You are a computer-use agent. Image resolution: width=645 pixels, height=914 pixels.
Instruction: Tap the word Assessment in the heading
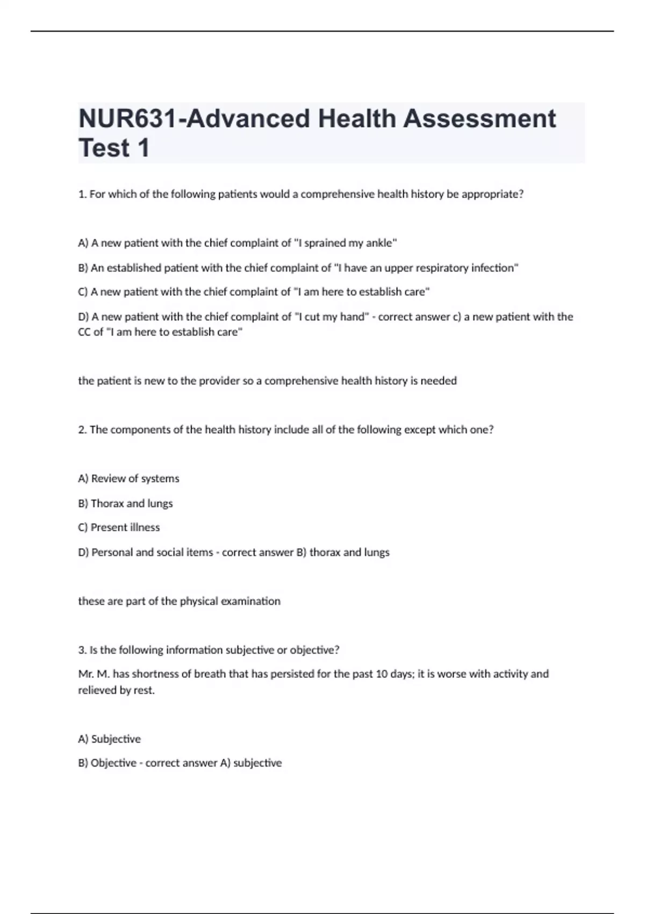[479, 119]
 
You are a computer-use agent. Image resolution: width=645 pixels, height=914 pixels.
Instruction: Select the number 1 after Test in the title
[143, 148]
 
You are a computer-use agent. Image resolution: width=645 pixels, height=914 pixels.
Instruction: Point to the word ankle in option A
[380, 243]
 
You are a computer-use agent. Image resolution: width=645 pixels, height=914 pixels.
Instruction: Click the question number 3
[82, 650]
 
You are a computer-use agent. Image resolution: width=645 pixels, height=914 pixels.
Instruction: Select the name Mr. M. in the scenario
[94, 674]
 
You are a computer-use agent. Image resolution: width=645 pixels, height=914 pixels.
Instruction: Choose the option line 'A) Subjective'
[110, 739]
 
